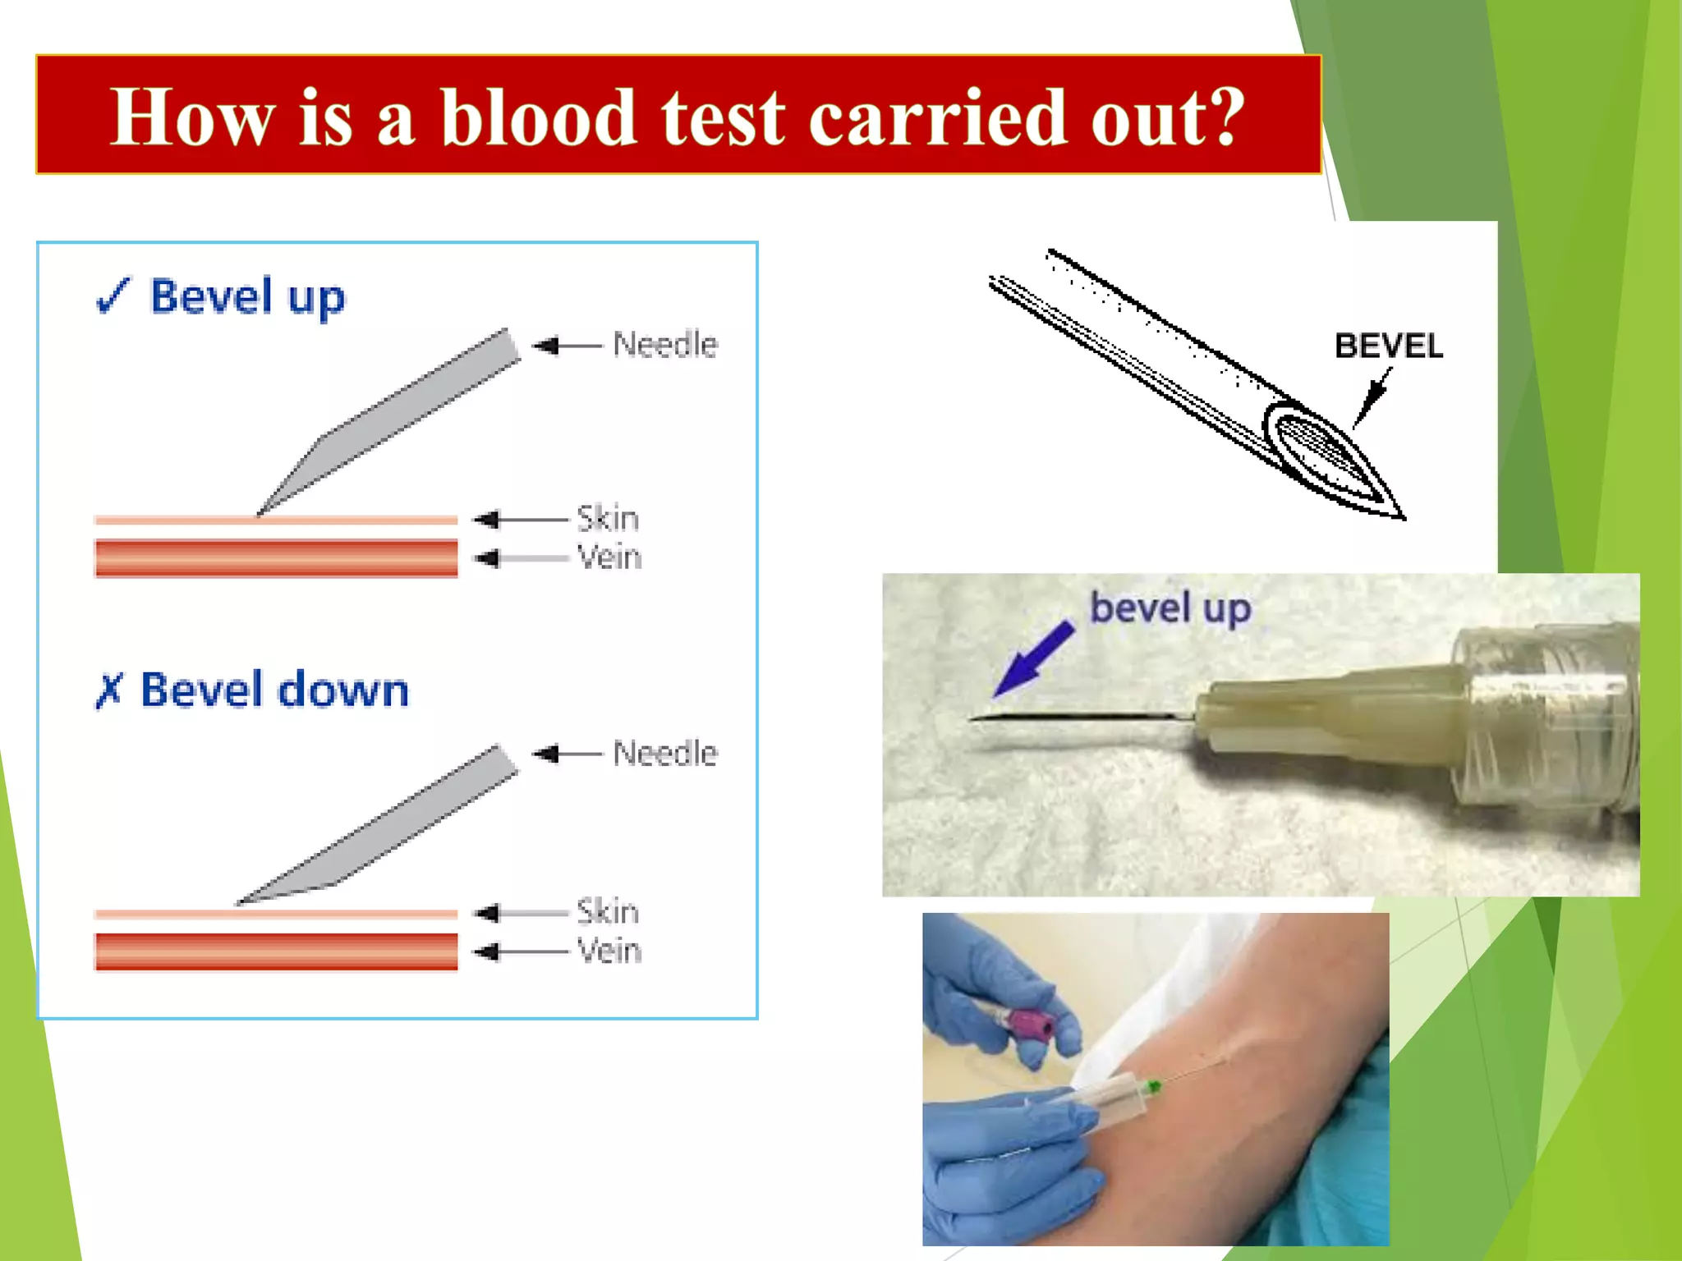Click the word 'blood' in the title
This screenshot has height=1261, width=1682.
[x=538, y=117]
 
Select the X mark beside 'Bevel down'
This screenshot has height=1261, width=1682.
[x=108, y=690]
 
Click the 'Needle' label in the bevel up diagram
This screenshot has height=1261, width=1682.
[x=664, y=345]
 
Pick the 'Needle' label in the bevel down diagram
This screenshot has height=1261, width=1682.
[x=664, y=754]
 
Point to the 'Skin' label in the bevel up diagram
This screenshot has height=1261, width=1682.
[x=607, y=519]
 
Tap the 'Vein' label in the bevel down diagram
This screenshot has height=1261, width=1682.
[x=609, y=951]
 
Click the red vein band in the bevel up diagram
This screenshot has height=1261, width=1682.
[x=275, y=558]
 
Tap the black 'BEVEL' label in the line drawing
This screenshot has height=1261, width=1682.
[x=1388, y=346]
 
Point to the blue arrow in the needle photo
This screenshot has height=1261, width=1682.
[x=1033, y=659]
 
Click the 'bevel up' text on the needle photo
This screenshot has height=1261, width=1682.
[x=1170, y=608]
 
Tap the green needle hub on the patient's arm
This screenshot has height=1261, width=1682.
[x=1154, y=1087]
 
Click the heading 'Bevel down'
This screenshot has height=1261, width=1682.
[x=274, y=690]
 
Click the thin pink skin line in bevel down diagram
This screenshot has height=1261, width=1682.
[x=275, y=914]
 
